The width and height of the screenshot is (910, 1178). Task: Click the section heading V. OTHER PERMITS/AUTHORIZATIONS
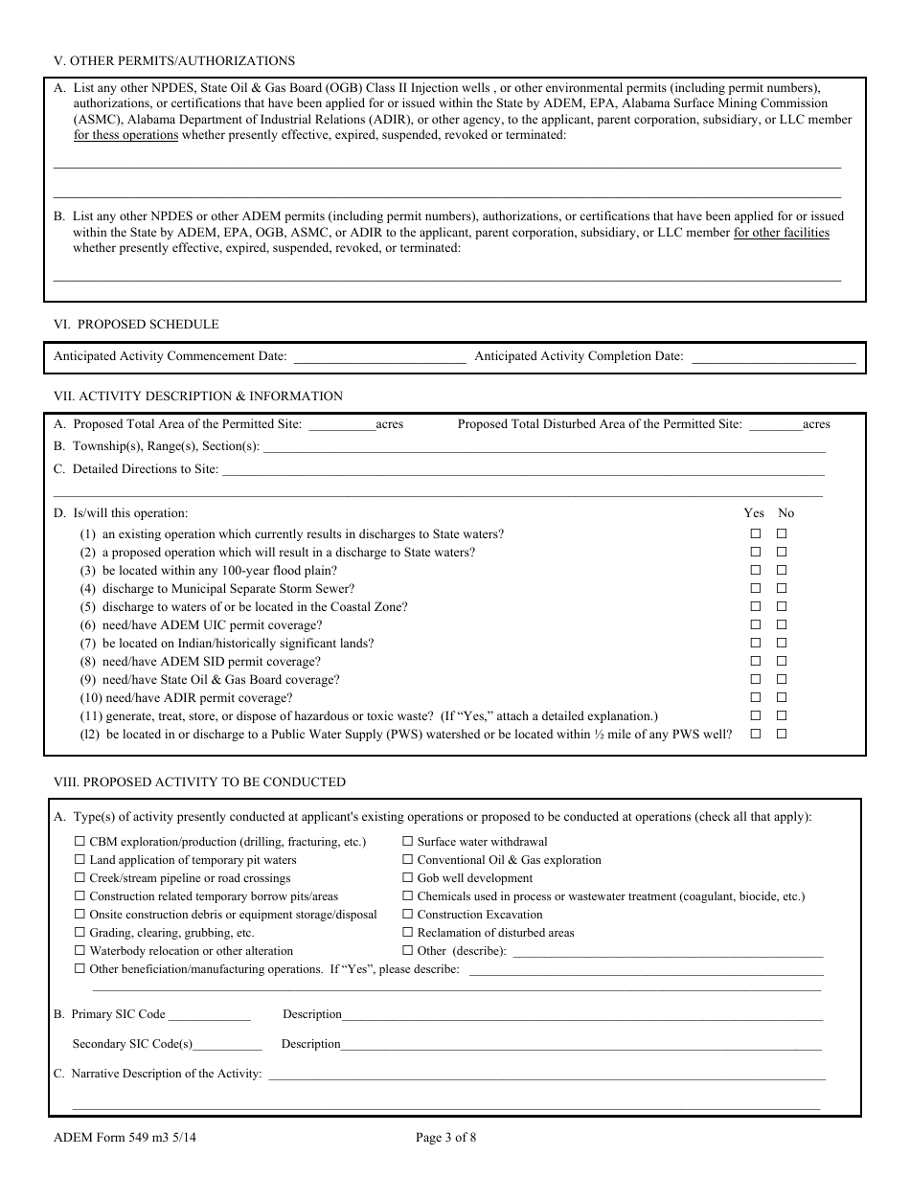173,61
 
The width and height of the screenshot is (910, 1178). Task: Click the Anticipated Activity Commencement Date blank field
378,357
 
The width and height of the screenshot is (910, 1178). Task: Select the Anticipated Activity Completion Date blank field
773,357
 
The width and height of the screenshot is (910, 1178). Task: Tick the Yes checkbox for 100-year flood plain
756,571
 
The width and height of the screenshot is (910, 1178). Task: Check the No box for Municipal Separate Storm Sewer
782,589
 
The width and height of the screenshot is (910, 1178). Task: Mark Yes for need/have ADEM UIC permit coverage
756,625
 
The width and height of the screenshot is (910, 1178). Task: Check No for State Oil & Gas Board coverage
782,680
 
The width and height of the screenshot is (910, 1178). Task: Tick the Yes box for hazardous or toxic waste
756,716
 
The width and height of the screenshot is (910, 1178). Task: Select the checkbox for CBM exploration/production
80,842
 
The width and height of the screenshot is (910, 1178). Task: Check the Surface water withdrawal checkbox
408,842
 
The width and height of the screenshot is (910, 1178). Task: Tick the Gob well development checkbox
408,878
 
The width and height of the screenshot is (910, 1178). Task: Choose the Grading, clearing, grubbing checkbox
80,933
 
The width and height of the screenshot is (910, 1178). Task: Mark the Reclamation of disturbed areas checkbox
408,933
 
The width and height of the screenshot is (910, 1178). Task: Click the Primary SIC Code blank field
209,1015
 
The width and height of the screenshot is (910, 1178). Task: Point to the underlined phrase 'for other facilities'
782,233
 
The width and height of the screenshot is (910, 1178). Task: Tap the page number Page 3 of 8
446,1138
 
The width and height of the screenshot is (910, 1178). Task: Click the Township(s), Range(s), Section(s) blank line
543,447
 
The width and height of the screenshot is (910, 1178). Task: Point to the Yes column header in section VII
754,513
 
